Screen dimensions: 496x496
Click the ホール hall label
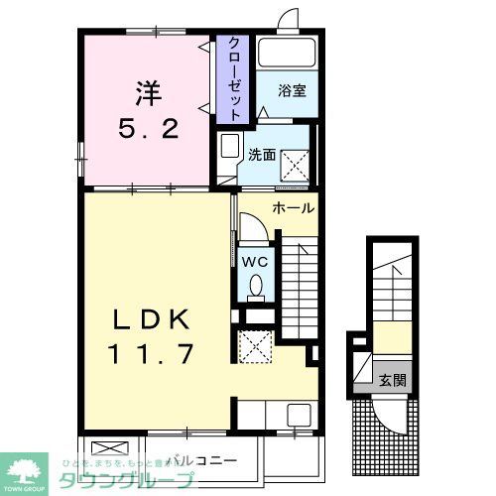[x=293, y=209]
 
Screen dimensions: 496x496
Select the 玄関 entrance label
[x=392, y=380]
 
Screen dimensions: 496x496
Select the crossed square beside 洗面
[x=296, y=162]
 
